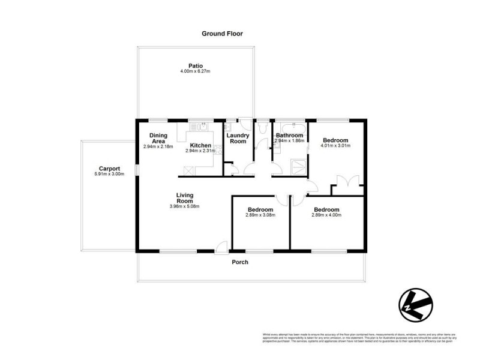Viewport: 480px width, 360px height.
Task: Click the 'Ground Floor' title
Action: (x=222, y=34)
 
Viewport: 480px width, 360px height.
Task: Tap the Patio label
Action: (x=195, y=66)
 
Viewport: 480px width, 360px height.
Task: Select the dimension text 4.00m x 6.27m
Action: (x=195, y=72)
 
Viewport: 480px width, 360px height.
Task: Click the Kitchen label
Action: (x=200, y=145)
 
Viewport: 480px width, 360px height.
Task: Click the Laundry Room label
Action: (x=238, y=138)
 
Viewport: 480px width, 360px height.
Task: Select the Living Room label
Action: (x=184, y=198)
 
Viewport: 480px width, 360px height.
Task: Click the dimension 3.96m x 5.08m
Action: (x=184, y=206)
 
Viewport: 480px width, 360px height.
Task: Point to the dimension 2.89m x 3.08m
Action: (x=260, y=215)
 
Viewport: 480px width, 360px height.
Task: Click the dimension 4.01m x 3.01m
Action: (x=335, y=146)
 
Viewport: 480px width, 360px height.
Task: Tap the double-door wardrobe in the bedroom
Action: (x=348, y=184)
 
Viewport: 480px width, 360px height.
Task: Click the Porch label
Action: (x=240, y=262)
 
